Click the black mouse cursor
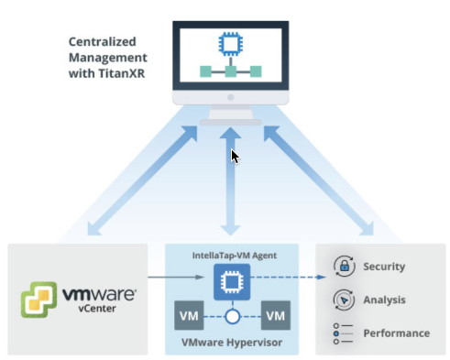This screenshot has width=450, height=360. [235, 157]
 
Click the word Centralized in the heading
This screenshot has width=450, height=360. [102, 42]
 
